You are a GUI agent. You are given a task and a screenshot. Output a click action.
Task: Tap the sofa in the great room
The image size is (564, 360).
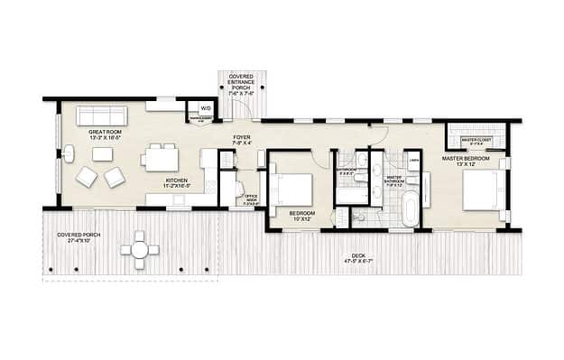click(101, 115)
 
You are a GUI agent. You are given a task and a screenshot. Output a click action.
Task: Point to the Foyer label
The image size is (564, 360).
click(242, 140)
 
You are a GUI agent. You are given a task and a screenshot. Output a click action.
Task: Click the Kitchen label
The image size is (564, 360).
click(176, 184)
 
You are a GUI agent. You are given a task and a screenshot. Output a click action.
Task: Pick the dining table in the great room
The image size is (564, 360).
click(160, 159)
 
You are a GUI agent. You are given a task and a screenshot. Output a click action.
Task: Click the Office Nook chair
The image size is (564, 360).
click(239, 189)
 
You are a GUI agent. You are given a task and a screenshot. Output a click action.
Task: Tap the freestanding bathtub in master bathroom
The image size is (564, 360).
click(411, 207)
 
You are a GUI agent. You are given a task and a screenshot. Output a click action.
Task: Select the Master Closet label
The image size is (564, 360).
click(476, 140)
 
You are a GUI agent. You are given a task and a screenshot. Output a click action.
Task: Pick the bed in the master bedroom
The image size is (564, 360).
click(483, 189)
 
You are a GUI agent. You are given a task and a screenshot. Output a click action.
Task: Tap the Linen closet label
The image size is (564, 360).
click(413, 160)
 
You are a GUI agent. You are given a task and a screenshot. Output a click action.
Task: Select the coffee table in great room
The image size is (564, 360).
click(102, 154)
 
